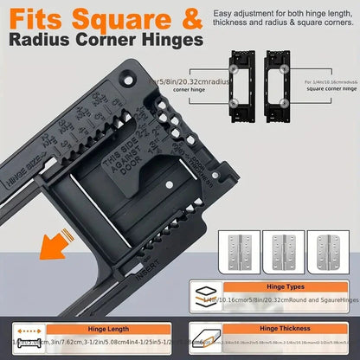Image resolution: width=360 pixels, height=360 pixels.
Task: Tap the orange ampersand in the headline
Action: [193, 16]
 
